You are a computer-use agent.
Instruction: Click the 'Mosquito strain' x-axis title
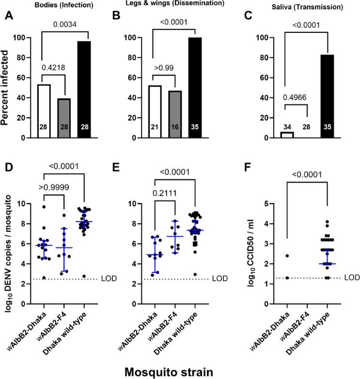[179, 371]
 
